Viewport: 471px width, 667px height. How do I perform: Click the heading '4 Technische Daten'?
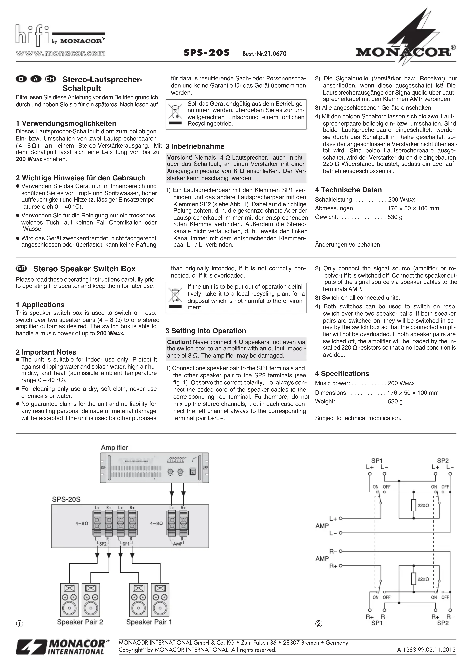click(348, 190)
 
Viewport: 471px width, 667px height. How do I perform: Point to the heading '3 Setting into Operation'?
click(206, 331)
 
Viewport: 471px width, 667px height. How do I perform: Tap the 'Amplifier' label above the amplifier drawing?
click(114, 448)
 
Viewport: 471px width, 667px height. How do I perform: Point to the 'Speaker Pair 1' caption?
click(149, 622)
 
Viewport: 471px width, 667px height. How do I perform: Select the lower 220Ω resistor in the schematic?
click(414, 579)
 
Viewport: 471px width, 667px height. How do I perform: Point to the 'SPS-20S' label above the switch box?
click(66, 499)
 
